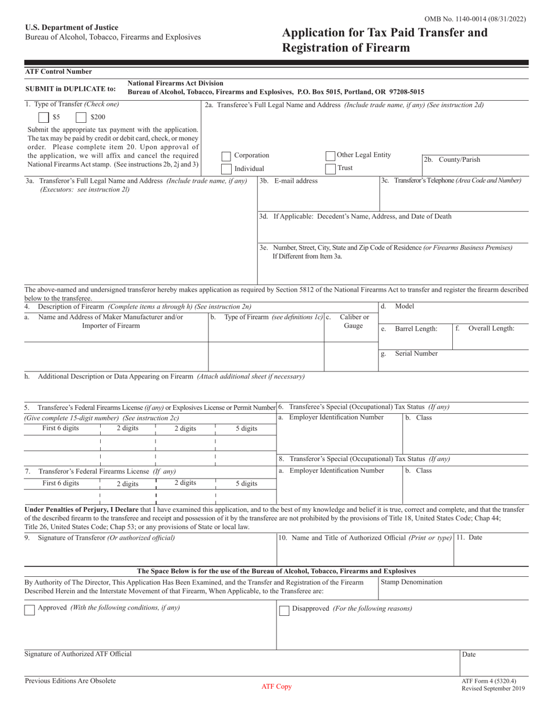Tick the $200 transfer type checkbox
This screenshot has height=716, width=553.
coord(82,116)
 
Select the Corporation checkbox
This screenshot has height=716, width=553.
coord(226,156)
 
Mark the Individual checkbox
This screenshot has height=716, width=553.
coord(226,169)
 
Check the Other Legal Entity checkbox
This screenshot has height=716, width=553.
coord(330,155)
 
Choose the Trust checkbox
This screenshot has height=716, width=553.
coord(330,168)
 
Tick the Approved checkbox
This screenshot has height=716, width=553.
coord(29,609)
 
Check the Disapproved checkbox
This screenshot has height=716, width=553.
coord(284,610)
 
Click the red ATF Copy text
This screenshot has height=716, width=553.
coord(276,687)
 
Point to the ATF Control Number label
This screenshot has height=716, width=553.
coord(58,72)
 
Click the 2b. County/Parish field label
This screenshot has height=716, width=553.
coord(452,159)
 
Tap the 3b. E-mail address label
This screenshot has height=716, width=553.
coord(289,180)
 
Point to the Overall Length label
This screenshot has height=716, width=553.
coord(491,328)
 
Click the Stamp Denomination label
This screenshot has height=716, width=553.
coord(411,582)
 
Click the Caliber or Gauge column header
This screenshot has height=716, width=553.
coord(354,321)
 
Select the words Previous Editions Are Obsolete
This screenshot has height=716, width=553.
coord(70,680)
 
